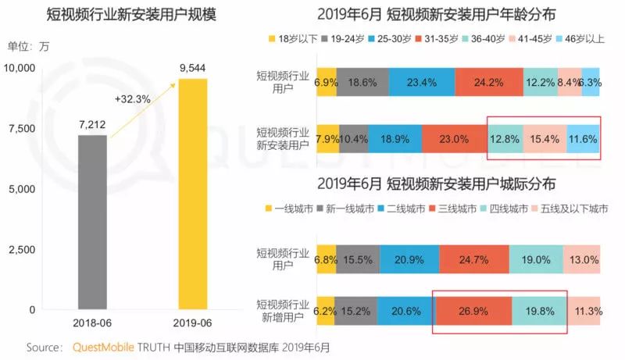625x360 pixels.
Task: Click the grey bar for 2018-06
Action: click(92, 223)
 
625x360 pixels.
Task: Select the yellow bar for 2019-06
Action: click(192, 194)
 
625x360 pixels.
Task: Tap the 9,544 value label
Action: click(192, 68)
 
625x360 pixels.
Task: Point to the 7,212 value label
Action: click(92, 125)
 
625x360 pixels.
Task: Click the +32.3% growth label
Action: click(132, 98)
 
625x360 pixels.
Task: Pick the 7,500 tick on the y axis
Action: click(22, 129)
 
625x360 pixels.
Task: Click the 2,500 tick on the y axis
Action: click(22, 250)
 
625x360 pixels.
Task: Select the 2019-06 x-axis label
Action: click(192, 323)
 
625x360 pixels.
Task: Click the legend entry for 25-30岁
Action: click(389, 38)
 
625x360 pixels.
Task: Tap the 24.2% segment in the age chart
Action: click(489, 82)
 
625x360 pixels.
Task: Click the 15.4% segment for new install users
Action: click(545, 139)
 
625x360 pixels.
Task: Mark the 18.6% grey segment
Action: click(362, 82)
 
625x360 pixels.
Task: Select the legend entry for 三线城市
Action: click(452, 209)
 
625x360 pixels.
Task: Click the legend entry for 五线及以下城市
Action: click(570, 209)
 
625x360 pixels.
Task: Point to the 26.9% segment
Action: click(474, 311)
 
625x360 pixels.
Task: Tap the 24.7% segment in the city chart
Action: click(474, 259)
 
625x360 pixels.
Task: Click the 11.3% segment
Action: click(584, 311)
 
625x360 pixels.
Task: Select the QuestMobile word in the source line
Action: click(103, 348)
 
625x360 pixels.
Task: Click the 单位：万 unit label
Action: click(28, 47)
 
